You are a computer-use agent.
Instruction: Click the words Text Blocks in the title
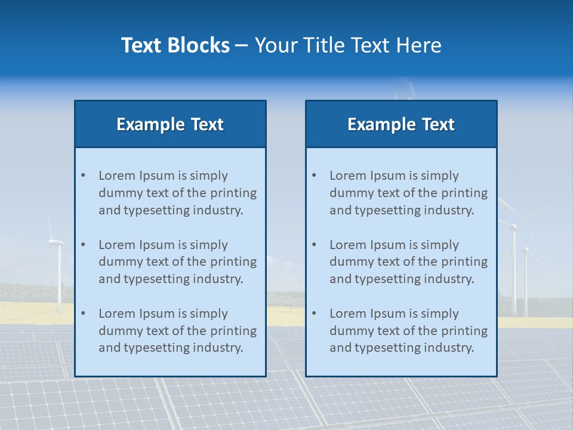point(175,45)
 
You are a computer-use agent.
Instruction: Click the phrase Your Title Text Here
point(348,45)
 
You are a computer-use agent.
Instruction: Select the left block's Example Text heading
point(170,124)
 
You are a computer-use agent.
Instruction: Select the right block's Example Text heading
point(401,124)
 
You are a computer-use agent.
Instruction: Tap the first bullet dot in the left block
point(83,176)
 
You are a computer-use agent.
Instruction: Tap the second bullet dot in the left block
point(83,245)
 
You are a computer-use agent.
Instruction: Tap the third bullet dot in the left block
point(83,314)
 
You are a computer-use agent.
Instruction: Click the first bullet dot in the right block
point(314,176)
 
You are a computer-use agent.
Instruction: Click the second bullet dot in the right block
point(314,245)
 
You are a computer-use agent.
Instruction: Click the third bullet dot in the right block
point(314,314)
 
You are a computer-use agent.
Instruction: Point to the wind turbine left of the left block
point(58,269)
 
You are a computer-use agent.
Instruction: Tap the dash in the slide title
point(242,45)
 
